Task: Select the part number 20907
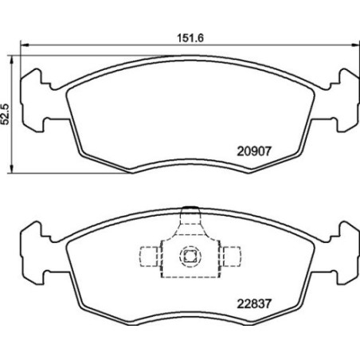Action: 254,148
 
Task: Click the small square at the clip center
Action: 189,256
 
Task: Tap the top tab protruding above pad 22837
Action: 189,214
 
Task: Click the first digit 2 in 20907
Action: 241,148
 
